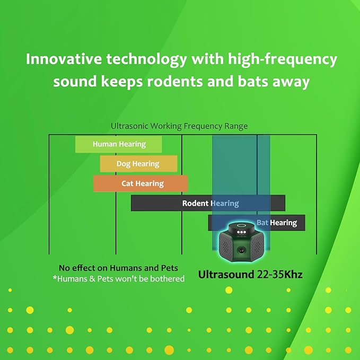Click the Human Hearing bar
[118, 144]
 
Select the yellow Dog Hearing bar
[139, 164]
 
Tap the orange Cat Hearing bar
[141, 183]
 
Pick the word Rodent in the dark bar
[195, 203]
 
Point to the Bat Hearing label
[277, 223]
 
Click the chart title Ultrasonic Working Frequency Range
[179, 126]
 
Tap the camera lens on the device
[241, 250]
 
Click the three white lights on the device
[242, 232]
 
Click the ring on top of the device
[241, 226]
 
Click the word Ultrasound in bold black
[226, 274]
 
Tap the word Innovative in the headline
[64, 59]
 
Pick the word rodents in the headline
[175, 82]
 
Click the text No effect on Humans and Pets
[118, 268]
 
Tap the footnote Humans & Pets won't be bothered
[118, 279]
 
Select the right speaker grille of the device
[257, 245]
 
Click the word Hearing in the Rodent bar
[225, 204]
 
